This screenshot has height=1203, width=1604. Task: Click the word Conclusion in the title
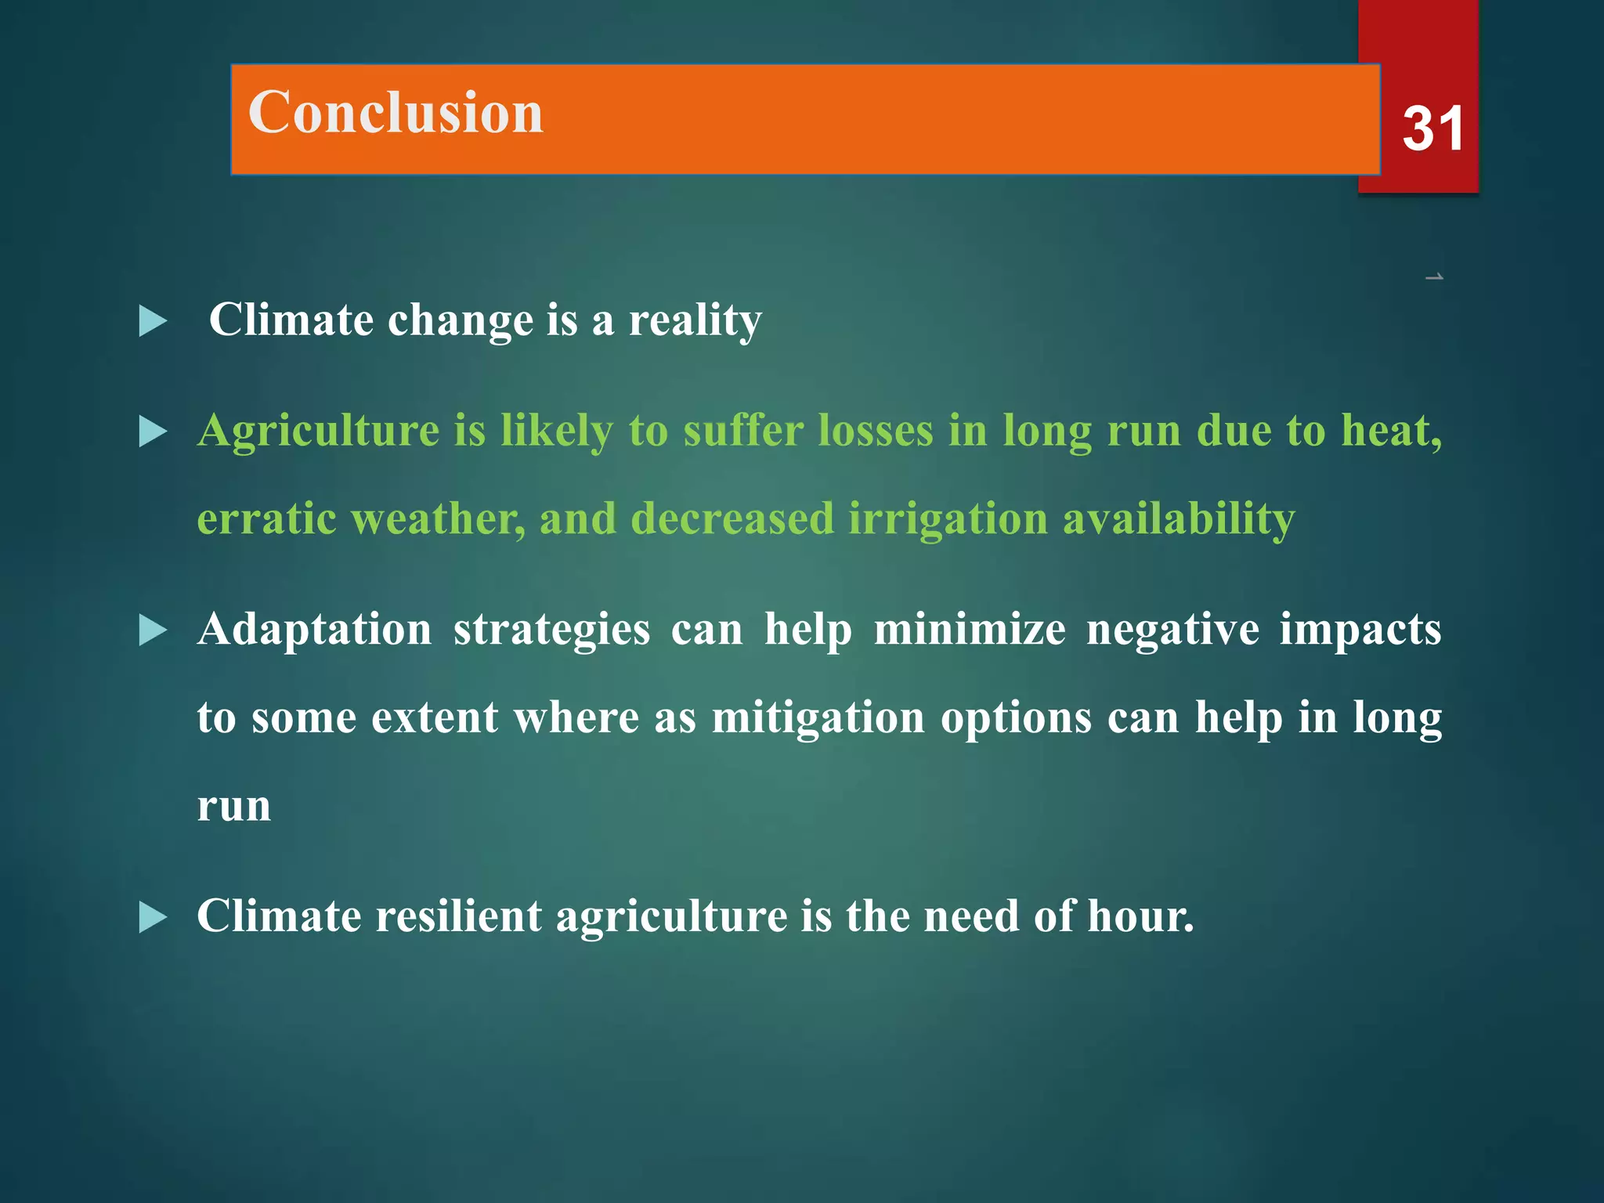point(396,113)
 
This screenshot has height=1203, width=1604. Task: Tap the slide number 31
point(1432,129)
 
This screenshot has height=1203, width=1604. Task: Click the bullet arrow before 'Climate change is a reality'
point(153,321)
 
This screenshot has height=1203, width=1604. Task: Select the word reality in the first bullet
point(695,321)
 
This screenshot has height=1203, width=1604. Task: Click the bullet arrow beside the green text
point(153,432)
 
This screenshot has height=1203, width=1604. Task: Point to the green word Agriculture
point(318,432)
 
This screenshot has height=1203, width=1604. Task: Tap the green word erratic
point(266,519)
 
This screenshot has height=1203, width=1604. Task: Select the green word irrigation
point(948,519)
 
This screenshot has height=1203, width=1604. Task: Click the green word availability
point(1178,519)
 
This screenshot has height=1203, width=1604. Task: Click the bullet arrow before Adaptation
point(153,630)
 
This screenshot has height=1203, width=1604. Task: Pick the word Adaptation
point(314,630)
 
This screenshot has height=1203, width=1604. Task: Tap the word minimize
point(969,630)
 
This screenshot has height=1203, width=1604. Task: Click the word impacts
point(1360,630)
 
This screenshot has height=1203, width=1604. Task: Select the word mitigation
point(818,718)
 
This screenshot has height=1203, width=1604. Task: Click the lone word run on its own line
point(233,807)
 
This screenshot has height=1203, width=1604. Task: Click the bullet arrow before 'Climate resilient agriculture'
point(153,917)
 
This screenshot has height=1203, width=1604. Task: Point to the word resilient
point(458,916)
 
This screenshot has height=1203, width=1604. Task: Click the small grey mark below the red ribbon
point(1434,277)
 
